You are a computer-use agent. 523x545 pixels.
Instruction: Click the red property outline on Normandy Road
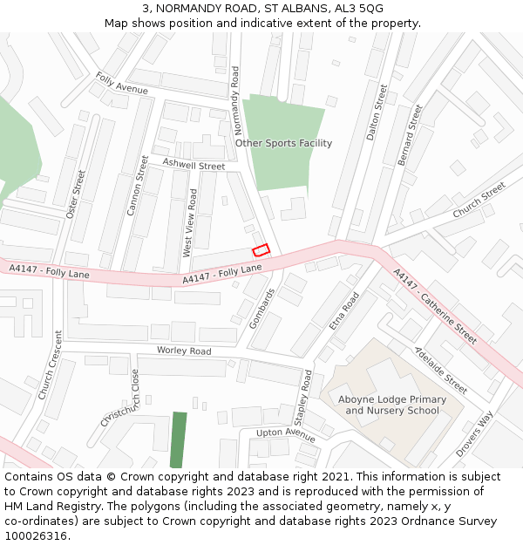[x=261, y=249]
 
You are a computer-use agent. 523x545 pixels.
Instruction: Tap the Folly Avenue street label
[x=122, y=84]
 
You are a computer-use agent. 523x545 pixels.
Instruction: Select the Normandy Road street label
[x=235, y=102]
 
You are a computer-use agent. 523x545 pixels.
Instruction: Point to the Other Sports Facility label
[x=283, y=143]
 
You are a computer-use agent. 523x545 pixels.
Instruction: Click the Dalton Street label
[x=377, y=111]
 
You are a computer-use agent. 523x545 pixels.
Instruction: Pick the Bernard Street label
[x=410, y=134]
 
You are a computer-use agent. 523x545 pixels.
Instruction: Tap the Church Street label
[x=479, y=200]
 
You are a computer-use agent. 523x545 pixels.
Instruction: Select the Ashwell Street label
[x=194, y=165]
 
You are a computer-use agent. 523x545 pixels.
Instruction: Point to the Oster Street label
[x=75, y=194]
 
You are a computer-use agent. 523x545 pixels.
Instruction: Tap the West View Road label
[x=189, y=222]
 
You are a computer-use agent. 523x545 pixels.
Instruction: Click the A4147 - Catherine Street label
[x=435, y=306]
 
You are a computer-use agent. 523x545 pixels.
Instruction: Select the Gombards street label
[x=261, y=308]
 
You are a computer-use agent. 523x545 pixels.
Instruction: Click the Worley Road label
[x=184, y=351]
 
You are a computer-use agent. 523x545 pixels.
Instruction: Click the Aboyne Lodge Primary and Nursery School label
[x=391, y=405]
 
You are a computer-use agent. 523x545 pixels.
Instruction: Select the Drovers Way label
[x=474, y=433]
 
